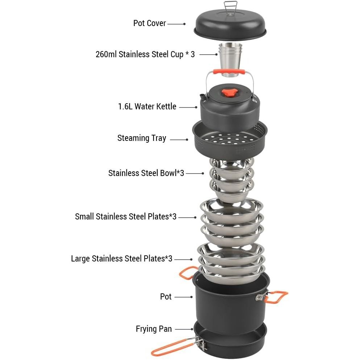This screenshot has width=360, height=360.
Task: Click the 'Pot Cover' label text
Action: [x=150, y=23]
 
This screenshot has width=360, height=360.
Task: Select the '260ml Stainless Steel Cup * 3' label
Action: [x=145, y=54]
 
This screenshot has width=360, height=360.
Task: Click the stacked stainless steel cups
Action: [x=230, y=59]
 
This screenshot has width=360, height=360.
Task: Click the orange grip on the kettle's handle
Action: [x=229, y=72]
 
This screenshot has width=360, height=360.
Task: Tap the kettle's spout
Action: [x=203, y=97]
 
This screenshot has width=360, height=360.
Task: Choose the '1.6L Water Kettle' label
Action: [x=147, y=106]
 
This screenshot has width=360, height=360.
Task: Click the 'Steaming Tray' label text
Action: [x=142, y=138]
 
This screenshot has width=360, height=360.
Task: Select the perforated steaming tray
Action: [x=230, y=141]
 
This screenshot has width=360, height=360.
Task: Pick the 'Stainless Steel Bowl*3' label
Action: [x=146, y=173]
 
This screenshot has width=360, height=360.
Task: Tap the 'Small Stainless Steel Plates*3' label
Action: [x=126, y=217]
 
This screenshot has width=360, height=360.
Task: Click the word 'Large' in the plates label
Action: [x=80, y=259]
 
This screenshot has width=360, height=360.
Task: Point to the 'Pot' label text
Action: [x=166, y=297]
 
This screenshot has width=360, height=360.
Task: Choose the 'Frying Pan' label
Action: [x=154, y=329]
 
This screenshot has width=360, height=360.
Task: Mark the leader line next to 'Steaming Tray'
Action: [x=179, y=139]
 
